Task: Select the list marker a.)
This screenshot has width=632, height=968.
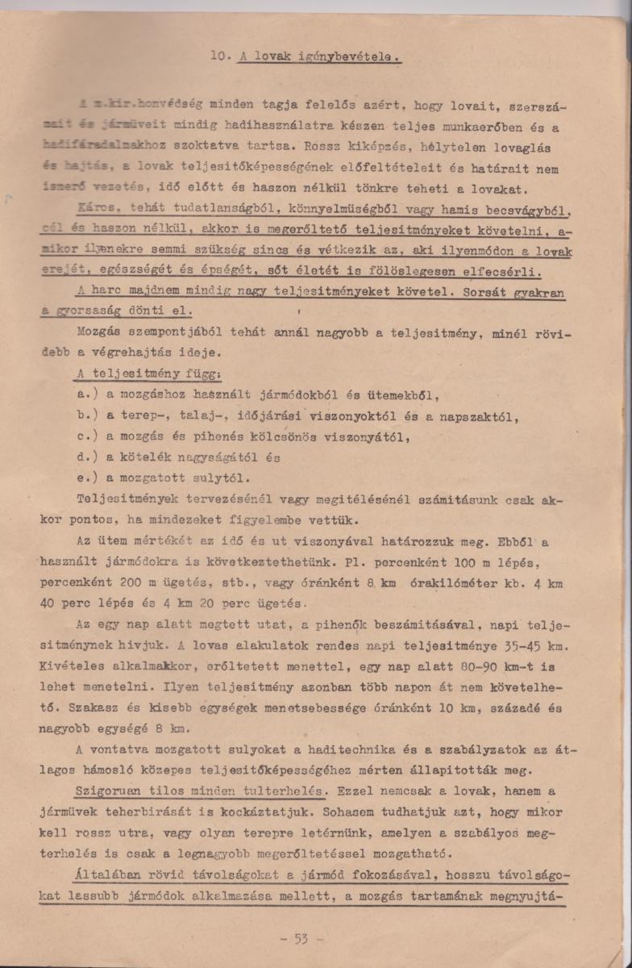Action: point(87,396)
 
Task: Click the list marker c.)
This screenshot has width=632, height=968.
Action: point(87,438)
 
